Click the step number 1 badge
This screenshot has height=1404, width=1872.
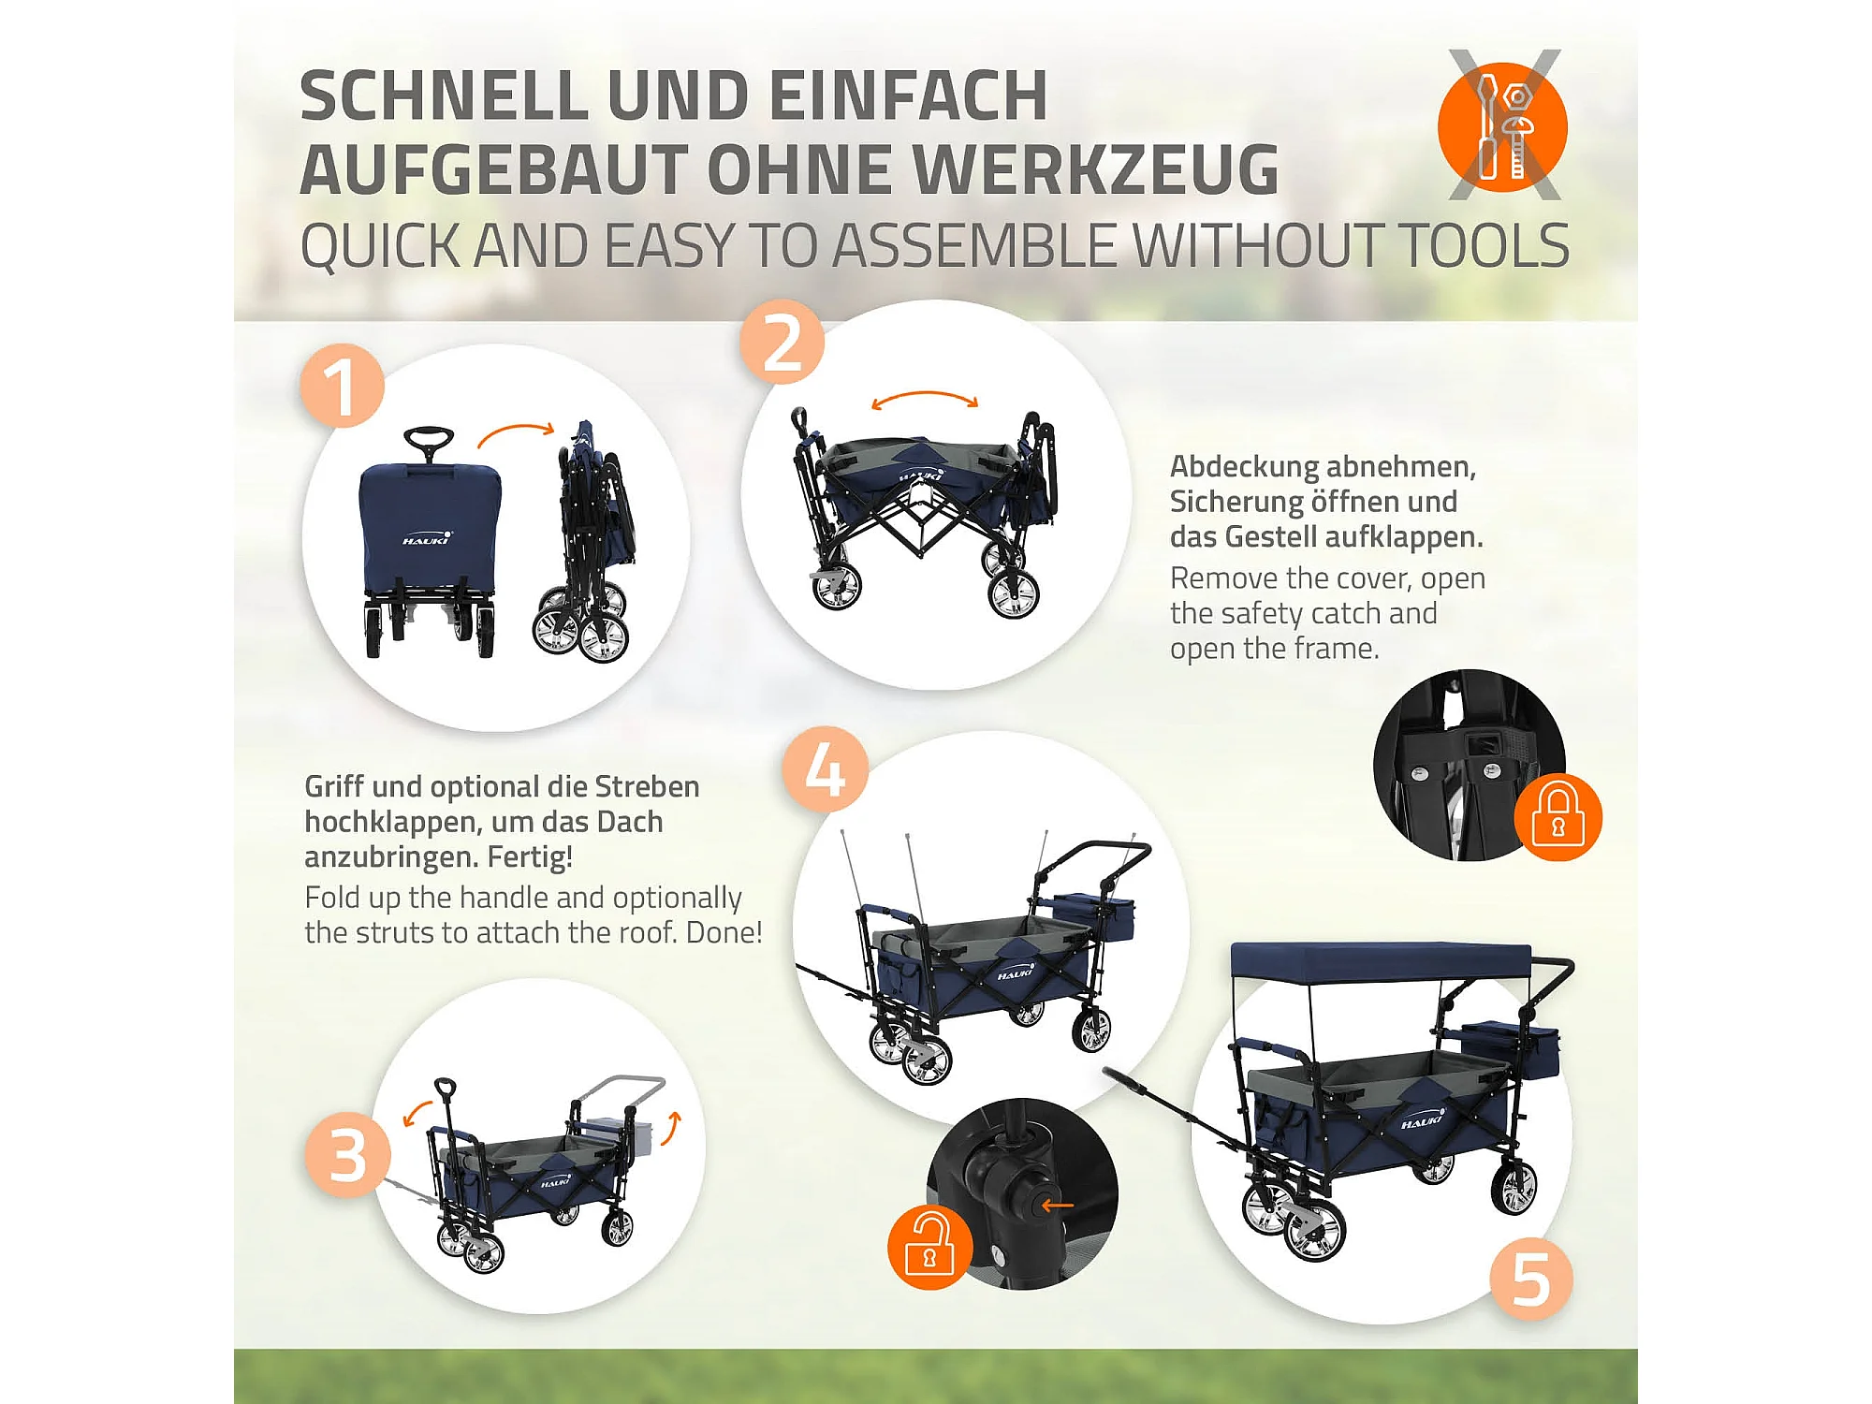[x=343, y=386]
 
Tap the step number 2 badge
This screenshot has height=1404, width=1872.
[x=782, y=343]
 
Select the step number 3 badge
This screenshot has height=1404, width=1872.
[x=347, y=1155]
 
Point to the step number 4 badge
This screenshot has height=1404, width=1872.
[x=826, y=769]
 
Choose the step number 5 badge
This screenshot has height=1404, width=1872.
[x=1531, y=1279]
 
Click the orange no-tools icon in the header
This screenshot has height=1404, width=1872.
[x=1503, y=126]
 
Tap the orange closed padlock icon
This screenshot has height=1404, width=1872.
[x=1558, y=817]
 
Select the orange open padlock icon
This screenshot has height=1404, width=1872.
[x=930, y=1247]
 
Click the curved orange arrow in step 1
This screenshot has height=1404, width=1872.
[x=516, y=431]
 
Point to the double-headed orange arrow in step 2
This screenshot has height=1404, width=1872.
[x=925, y=397]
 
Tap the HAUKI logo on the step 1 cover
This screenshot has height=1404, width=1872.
[x=427, y=538]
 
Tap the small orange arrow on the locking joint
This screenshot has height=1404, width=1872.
[x=1058, y=1205]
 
